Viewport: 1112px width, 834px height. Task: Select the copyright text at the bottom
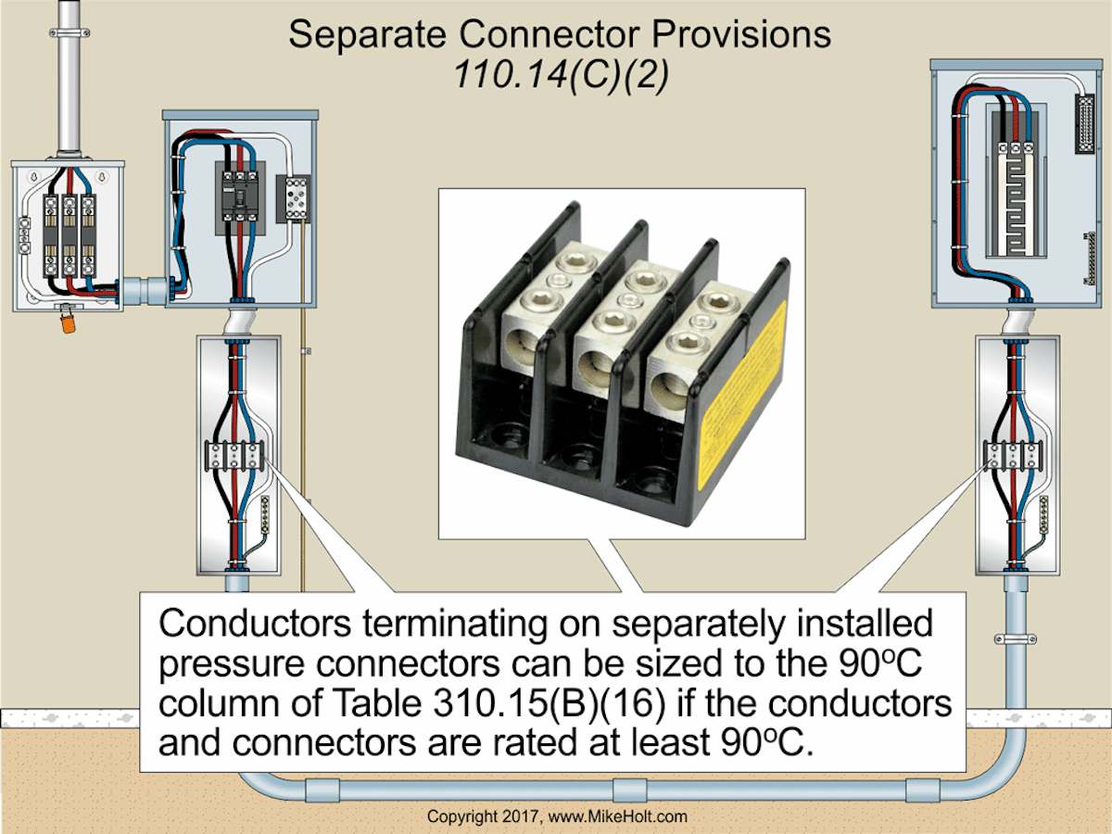[x=556, y=816]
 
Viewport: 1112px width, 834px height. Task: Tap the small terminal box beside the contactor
[x=297, y=197]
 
